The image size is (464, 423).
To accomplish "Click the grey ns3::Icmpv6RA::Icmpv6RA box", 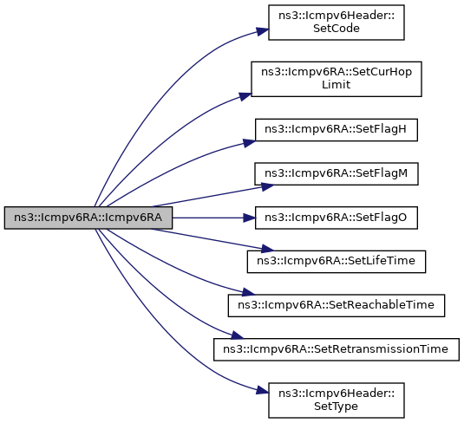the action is click(88, 218).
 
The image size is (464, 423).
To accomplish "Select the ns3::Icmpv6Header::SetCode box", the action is click(337, 23).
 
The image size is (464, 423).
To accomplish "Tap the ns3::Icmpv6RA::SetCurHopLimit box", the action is click(337, 79).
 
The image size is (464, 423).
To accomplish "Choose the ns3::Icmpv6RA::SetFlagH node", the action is click(337, 130).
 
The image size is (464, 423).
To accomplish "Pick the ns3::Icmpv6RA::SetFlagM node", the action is click(337, 173).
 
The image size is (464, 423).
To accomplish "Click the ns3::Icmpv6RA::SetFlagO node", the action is click(337, 218).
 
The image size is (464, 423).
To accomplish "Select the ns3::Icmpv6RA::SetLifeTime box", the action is click(337, 262).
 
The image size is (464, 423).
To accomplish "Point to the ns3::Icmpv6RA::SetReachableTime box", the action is click(337, 305).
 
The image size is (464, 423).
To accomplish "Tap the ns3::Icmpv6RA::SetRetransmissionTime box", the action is click(337, 349).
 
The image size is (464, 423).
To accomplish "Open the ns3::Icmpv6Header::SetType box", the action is click(337, 400).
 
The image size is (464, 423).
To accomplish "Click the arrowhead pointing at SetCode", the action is click(263, 31).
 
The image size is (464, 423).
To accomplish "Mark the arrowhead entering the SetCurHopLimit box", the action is click(245, 96).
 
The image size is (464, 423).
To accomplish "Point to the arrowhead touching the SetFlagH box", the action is click(249, 143).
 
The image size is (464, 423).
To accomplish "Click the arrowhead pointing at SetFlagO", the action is click(249, 218).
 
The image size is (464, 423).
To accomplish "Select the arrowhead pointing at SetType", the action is click(263, 391).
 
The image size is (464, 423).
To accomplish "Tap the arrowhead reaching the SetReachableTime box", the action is click(248, 292).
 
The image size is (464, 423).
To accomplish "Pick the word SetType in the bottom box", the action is click(336, 407).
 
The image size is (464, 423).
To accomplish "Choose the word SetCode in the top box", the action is click(337, 29).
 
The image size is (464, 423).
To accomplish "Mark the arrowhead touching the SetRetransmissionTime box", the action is click(238, 335).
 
